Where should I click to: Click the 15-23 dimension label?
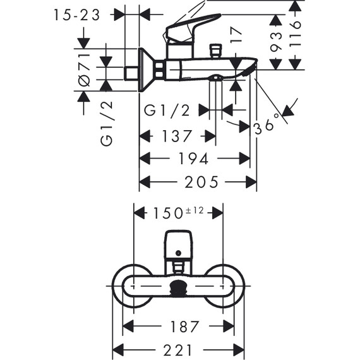[x=77, y=15]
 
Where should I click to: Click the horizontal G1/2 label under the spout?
[x=167, y=111]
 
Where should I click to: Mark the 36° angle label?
[x=265, y=126]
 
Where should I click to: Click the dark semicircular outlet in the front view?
[x=179, y=291]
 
